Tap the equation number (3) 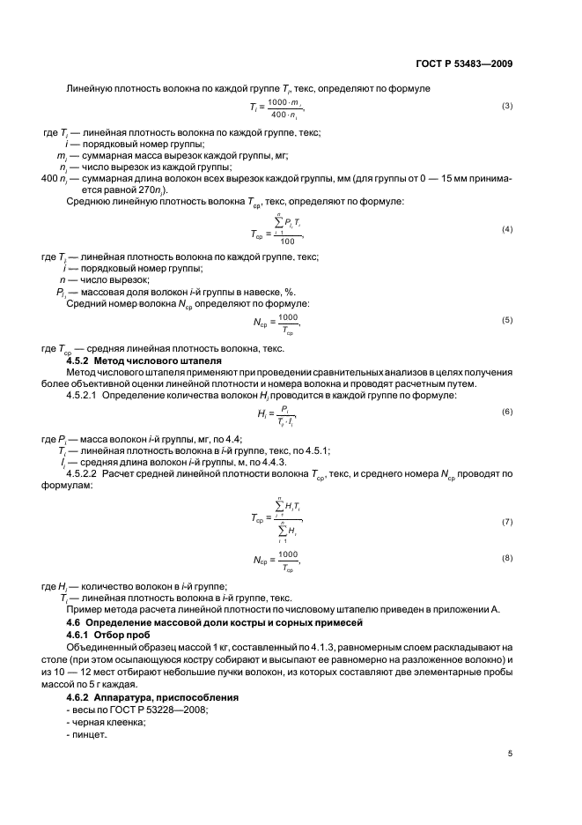(x=506, y=107)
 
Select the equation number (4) (x=506, y=229)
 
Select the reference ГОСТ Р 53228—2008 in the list (x=146, y=709)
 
